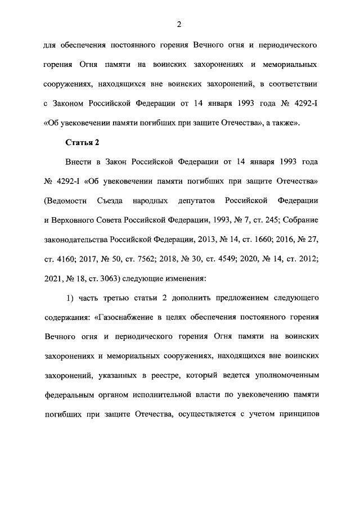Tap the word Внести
click(80, 161)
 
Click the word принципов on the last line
click(299, 414)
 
